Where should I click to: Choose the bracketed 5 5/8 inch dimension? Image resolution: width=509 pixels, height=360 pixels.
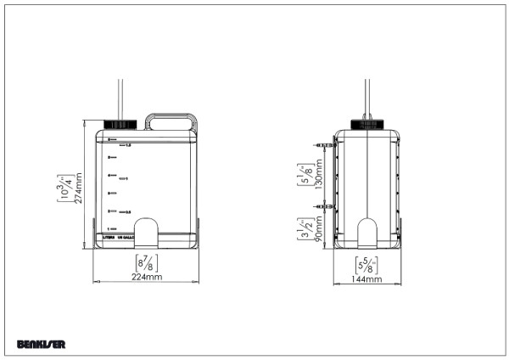(x=366, y=263)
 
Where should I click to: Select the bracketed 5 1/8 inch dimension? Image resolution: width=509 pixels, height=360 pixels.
(x=303, y=174)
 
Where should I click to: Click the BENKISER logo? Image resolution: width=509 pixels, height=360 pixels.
(x=41, y=344)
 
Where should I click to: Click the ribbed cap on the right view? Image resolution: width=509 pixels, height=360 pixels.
(x=366, y=124)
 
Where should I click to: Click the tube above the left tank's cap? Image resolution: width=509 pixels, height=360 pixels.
(x=121, y=98)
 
